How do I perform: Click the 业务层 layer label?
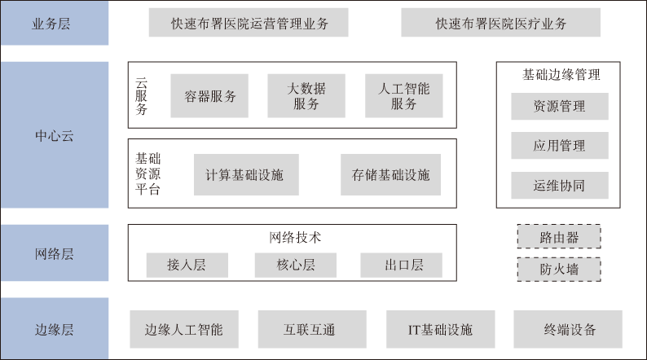point(54,23)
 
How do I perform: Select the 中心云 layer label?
point(54,135)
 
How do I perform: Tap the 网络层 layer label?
point(54,253)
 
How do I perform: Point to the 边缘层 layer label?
point(54,329)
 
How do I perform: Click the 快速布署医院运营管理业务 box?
point(248,23)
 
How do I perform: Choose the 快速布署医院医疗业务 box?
point(500,23)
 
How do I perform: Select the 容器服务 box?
point(209,96)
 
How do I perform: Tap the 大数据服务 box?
point(306,96)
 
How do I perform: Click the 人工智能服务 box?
point(404,96)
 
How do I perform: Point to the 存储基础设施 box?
point(390,174)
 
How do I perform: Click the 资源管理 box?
point(559,106)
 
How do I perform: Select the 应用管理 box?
point(559,146)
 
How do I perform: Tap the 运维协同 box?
point(559,185)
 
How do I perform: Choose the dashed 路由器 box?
point(559,237)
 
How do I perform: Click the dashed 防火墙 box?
point(559,269)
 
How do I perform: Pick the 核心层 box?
point(295,265)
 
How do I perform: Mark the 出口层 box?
point(402,265)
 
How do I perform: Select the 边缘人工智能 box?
point(183,330)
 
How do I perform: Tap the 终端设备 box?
point(570,330)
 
